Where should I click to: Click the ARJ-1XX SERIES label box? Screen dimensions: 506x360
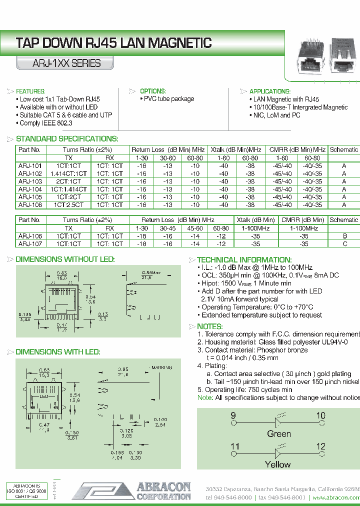point(59,63)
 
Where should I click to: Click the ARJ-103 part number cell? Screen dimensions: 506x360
point(30,181)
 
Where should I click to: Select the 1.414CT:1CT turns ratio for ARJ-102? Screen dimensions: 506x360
point(69,173)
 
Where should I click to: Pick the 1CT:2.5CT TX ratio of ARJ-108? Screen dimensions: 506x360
point(69,205)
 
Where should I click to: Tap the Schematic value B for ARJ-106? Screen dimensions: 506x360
point(344,236)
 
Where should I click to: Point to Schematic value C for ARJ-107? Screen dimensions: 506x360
point(344,244)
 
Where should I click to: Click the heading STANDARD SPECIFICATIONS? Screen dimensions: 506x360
point(67,139)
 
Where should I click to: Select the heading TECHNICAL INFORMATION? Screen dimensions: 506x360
point(244,260)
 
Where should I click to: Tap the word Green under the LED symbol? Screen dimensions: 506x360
point(279,433)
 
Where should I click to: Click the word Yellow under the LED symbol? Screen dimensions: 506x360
point(277,464)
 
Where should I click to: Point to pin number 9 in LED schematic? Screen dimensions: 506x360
point(233,416)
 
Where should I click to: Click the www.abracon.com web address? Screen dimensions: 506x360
point(335,498)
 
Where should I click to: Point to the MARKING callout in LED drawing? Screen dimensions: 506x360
point(161,367)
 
